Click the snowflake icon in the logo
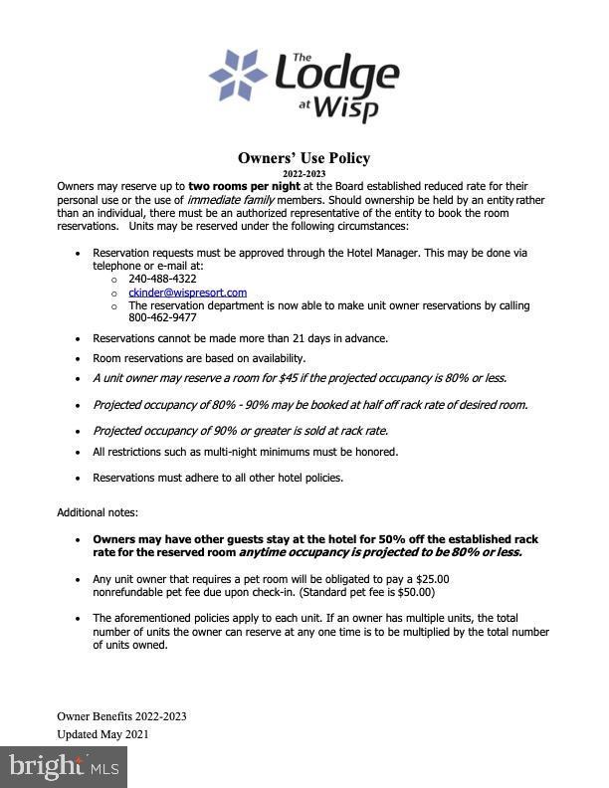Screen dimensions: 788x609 (x=238, y=75)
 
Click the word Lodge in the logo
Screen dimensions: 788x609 (x=335, y=75)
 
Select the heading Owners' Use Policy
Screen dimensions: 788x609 (x=304, y=158)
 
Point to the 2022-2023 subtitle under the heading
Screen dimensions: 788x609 (x=304, y=173)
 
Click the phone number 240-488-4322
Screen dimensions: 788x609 (x=162, y=279)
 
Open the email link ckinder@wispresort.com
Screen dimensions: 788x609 (x=187, y=293)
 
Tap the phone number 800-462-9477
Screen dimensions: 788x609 (x=162, y=318)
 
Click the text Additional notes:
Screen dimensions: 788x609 (x=98, y=512)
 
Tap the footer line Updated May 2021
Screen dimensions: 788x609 (x=102, y=734)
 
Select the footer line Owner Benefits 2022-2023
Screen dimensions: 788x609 (x=121, y=716)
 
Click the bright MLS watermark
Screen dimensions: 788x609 (x=64, y=766)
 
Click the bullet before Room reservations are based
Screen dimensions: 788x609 (x=79, y=358)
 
